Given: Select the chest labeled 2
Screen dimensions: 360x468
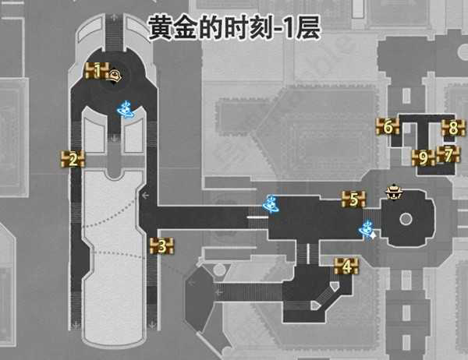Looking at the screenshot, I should coord(73,160).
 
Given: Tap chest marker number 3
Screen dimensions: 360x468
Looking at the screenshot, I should coord(161,248).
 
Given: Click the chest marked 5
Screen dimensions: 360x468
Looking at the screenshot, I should coord(353,199).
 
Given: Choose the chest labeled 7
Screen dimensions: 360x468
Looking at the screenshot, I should coord(448,154).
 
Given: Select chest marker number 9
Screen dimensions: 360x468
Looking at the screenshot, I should coord(423,158).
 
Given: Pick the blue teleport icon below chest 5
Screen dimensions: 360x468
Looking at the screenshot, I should coord(365,229).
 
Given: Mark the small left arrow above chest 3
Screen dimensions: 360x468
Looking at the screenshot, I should coord(146,195).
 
